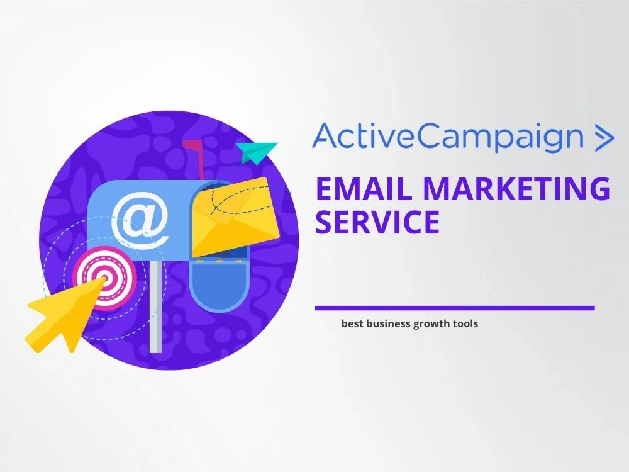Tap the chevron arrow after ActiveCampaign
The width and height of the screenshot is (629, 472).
[x=603, y=138]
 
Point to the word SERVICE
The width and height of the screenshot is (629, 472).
[x=377, y=222]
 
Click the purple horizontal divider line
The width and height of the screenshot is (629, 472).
[x=454, y=308]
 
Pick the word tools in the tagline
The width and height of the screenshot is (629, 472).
[x=464, y=324]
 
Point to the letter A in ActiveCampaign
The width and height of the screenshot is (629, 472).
[x=325, y=138]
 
